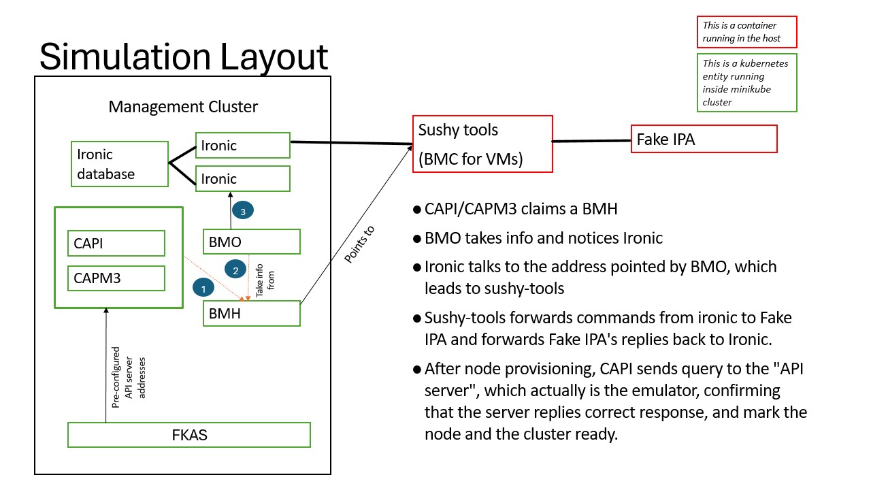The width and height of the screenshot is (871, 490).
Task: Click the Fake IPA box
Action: coord(704,140)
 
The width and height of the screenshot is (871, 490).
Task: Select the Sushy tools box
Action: coord(482,144)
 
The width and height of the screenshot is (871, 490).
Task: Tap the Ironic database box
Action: coord(120,164)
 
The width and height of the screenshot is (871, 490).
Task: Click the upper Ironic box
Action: coord(242,145)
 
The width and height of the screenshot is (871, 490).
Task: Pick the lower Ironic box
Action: coord(242,178)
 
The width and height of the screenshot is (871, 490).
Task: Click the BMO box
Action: coord(252,242)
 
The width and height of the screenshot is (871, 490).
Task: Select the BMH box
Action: coord(252,313)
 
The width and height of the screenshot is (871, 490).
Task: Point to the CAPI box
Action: coord(116,243)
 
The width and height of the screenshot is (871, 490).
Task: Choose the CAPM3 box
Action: coord(116,278)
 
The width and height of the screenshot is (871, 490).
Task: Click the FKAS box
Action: coord(189,435)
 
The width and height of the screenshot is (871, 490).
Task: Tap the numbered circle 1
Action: coord(203,289)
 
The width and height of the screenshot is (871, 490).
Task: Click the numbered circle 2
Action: coord(235,270)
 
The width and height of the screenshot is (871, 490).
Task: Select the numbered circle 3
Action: coord(243,212)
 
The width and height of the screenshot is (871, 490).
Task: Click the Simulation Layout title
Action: coord(184,56)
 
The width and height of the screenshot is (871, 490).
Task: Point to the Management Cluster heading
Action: coord(183,107)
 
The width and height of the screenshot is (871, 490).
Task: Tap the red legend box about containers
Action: coord(746,32)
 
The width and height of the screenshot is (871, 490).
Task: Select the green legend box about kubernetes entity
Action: coord(746,82)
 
